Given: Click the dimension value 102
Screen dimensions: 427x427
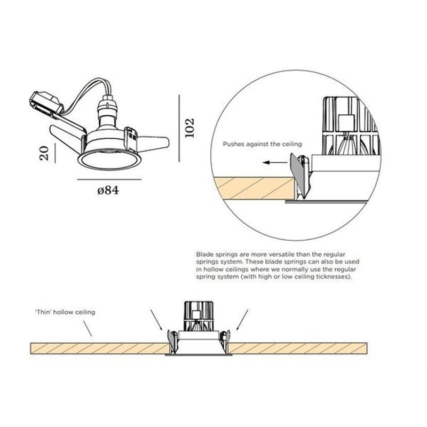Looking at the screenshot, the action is click(x=189, y=128).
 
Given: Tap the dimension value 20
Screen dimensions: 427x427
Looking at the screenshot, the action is click(x=44, y=153).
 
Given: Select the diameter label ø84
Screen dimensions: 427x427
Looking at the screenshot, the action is click(x=108, y=190).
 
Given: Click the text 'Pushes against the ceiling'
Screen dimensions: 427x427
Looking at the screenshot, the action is click(x=262, y=144).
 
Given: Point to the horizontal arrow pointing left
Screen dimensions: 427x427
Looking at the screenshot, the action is click(x=275, y=163).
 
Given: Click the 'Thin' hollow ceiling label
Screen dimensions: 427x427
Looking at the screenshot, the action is click(x=65, y=312).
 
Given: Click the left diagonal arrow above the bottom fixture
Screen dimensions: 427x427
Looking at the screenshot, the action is click(x=156, y=319).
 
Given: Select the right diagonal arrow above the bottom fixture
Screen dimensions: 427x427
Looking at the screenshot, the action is click(x=242, y=319).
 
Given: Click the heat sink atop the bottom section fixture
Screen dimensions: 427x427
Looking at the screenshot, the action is click(x=198, y=316).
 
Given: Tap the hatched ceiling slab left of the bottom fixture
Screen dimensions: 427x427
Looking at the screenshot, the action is click(x=99, y=349).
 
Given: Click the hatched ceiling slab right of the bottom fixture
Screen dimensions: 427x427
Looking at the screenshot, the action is click(x=297, y=349).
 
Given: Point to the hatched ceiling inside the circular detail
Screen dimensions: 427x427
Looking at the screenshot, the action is click(x=255, y=188).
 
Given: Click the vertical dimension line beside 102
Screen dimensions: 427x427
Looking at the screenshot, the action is click(x=179, y=128).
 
